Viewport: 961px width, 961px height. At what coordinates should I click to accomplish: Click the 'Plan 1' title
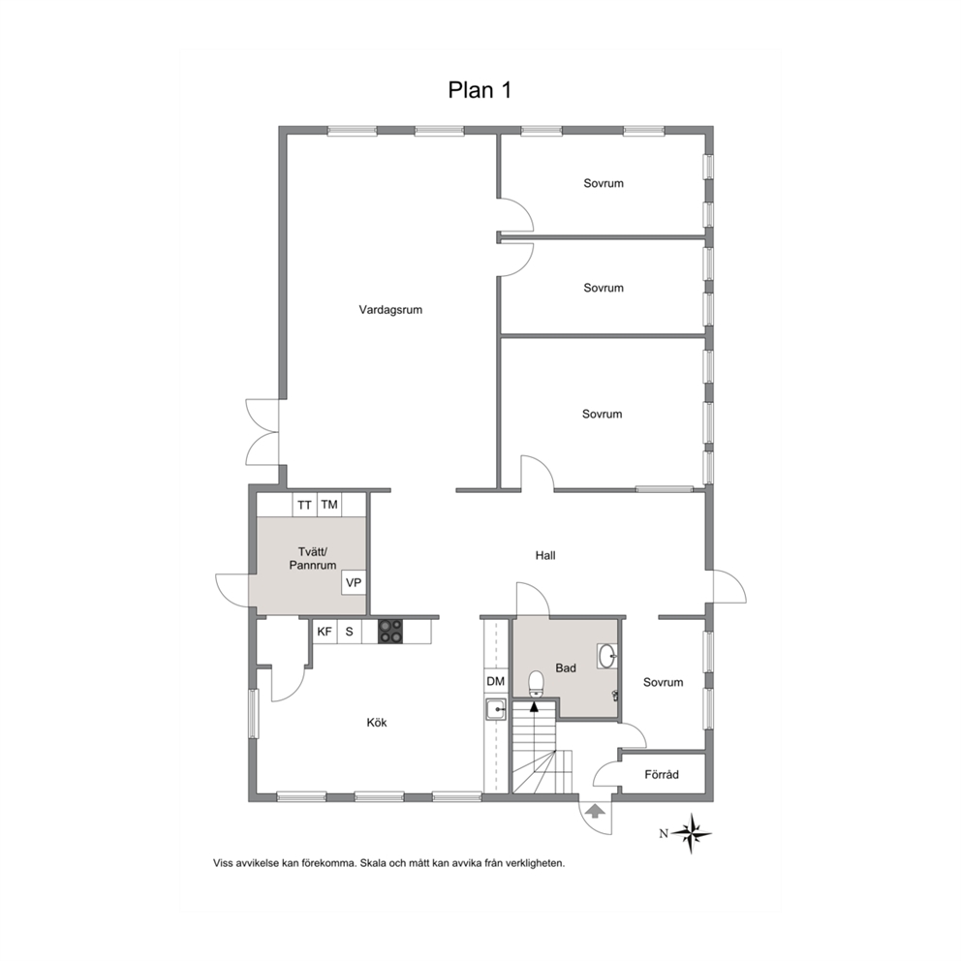click(480, 90)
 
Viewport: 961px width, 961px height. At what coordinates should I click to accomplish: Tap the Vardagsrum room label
click(390, 310)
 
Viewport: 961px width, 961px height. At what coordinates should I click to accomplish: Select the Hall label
click(545, 555)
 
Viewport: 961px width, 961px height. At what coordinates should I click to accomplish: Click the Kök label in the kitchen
click(377, 723)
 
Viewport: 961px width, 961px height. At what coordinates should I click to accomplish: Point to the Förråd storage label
click(662, 775)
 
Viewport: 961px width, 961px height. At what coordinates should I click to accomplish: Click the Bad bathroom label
click(566, 668)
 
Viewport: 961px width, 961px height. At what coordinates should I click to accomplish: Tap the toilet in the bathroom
click(537, 683)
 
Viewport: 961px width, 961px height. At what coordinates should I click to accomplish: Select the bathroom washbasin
click(607, 656)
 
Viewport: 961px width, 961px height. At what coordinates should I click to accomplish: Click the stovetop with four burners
click(390, 632)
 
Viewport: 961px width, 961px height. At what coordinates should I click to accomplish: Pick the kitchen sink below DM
click(496, 710)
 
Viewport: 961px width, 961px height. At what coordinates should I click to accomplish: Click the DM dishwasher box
click(496, 681)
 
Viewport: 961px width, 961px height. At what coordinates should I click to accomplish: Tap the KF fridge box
click(325, 632)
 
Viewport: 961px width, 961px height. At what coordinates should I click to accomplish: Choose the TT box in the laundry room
click(304, 505)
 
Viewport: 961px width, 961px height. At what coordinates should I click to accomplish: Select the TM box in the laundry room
click(329, 505)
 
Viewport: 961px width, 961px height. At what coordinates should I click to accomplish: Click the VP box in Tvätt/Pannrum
click(354, 582)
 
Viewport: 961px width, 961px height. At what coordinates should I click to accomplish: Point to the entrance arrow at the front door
click(595, 811)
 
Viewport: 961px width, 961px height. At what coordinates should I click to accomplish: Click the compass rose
click(692, 833)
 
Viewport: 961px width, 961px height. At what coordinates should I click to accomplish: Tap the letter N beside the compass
click(664, 833)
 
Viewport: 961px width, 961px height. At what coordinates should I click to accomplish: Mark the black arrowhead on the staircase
click(535, 706)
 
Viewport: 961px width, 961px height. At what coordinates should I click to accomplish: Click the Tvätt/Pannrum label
click(313, 559)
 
